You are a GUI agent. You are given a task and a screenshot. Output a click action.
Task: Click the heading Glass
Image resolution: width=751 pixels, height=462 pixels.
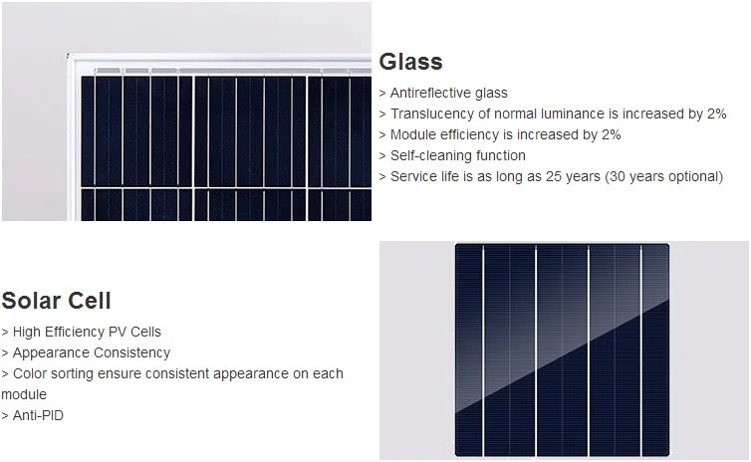coord(410,62)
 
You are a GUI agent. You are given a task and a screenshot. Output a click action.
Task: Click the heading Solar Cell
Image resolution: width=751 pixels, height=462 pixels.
coord(56,301)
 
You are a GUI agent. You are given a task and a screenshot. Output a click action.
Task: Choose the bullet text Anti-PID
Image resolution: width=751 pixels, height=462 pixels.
coord(38,415)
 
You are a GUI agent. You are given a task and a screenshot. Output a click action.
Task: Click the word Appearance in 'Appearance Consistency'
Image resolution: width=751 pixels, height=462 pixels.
coord(50,352)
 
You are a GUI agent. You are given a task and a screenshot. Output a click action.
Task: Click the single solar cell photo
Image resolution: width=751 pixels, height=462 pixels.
coord(563,348)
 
